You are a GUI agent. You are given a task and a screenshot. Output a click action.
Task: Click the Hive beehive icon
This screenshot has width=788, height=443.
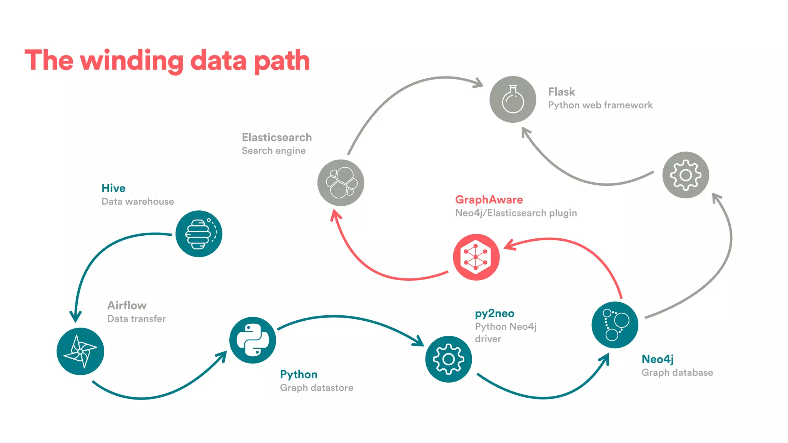click(x=199, y=234)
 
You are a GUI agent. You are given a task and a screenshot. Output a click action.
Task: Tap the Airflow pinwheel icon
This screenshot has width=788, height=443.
click(x=80, y=351)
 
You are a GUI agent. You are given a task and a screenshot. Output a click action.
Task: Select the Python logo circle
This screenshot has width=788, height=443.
click(x=252, y=340)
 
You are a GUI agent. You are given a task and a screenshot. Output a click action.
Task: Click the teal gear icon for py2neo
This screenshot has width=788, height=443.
click(x=448, y=359)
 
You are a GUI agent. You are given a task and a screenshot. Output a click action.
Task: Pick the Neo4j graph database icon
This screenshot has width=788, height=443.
click(x=614, y=325)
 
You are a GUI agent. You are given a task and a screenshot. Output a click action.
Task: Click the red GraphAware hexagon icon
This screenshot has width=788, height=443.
click(x=476, y=257)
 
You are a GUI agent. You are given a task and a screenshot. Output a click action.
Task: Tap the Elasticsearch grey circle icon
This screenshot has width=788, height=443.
click(x=341, y=183)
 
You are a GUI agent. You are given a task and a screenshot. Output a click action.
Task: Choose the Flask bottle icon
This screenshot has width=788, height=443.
click(x=513, y=99)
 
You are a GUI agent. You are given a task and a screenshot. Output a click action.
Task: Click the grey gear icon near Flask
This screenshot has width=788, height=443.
click(x=685, y=175)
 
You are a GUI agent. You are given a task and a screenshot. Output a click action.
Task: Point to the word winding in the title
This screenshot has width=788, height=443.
click(x=132, y=61)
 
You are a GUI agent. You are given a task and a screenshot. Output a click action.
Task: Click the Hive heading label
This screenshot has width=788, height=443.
click(x=114, y=188)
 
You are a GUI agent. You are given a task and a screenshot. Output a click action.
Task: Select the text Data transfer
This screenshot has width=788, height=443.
click(x=137, y=319)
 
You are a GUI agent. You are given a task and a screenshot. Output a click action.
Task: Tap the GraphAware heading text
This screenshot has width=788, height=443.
click(x=489, y=200)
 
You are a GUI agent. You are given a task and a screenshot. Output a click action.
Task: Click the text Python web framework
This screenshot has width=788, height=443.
click(x=600, y=105)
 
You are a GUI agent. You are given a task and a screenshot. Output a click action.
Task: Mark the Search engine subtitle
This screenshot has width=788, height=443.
click(x=274, y=151)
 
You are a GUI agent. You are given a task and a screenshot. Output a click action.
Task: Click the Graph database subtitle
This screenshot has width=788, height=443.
click(x=677, y=373)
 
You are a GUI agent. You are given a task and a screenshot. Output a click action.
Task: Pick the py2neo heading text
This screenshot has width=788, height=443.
click(x=494, y=313)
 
